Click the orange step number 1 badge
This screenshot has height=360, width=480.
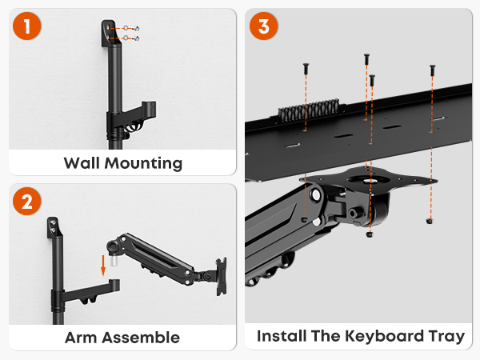coord(27,26)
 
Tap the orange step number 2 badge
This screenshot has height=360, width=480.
coord(27,202)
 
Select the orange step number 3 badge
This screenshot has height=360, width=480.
coord(263,26)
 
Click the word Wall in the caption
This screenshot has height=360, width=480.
coord(82,163)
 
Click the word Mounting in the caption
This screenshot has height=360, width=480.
coord(143,163)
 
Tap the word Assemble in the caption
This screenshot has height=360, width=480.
coord(141,338)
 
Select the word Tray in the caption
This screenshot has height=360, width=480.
coord(446,337)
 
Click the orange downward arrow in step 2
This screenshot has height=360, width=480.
coord(103,266)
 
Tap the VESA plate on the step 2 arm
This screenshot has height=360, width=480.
coord(222,277)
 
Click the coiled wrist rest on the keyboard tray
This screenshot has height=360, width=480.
coord(309,110)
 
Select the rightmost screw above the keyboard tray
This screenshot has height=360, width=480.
coord(432,70)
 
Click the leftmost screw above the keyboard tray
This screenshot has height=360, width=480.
coord(306,69)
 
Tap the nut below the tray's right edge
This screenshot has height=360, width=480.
coord(430,221)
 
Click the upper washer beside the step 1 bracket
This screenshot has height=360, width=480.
coord(126,28)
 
